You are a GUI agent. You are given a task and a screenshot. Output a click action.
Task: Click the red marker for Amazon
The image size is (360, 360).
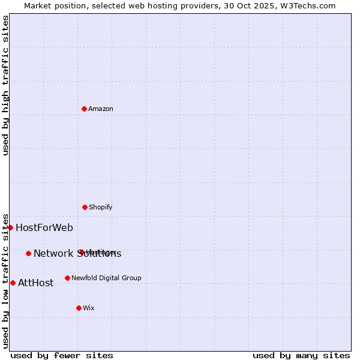pos(84,109)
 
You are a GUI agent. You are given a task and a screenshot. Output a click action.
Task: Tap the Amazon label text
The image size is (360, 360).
pos(101,109)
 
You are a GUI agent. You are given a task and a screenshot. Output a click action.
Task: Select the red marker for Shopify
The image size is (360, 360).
pos(85,207)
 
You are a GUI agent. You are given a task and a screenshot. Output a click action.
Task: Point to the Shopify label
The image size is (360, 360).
pos(100,207)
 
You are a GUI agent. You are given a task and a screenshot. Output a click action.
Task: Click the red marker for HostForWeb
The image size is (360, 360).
pos(10,227)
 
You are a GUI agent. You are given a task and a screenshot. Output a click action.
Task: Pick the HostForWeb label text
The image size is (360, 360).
pos(44,227)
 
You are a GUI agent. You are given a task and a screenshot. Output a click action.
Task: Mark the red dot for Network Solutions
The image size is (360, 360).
pos(28,253)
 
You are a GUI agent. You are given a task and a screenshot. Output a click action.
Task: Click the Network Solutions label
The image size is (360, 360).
pos(77,254)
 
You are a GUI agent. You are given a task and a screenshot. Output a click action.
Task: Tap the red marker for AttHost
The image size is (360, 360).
pos(13,283)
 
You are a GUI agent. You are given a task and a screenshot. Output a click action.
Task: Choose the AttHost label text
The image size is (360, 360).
pos(36,283)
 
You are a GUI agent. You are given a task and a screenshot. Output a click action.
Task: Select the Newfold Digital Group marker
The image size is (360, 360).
pos(67,278)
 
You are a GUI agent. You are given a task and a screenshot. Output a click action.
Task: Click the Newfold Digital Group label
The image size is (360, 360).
pos(106,278)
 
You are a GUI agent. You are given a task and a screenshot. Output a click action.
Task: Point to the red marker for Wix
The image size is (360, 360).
pos(79,308)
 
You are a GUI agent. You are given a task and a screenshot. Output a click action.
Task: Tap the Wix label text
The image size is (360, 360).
pos(89,308)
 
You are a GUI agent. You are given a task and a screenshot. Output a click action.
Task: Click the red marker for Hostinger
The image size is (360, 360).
pos(80,252)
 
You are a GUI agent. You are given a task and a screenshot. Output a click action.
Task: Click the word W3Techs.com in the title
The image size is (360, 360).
pos(308,5)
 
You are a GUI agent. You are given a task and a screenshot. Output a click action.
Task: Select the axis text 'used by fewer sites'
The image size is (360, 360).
pos(62,355)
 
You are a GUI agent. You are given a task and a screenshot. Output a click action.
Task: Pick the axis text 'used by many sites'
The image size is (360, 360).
pos(301,355)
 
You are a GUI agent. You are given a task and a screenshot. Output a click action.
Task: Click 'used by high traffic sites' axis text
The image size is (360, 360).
pos(5,85)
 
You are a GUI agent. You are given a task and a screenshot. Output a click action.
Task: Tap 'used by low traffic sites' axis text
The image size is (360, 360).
pos(5,280)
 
